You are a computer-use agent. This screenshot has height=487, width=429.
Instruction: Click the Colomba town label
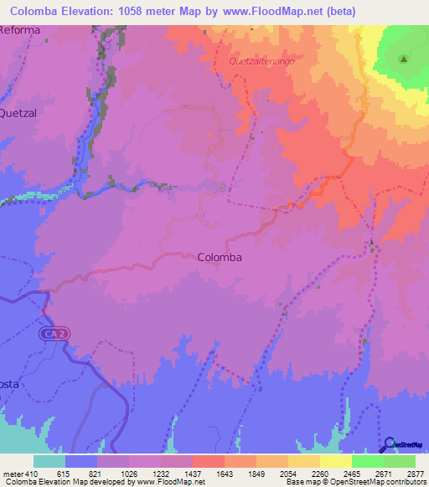(220, 258)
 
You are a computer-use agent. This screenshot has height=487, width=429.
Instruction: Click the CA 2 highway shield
(51, 333)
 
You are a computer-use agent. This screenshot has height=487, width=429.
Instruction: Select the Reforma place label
(19, 30)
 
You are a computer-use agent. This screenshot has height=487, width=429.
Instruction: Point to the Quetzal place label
(19, 111)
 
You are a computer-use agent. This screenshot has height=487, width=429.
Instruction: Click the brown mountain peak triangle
(403, 59)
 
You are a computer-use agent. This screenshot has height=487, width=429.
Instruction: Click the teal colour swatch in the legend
(49, 461)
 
